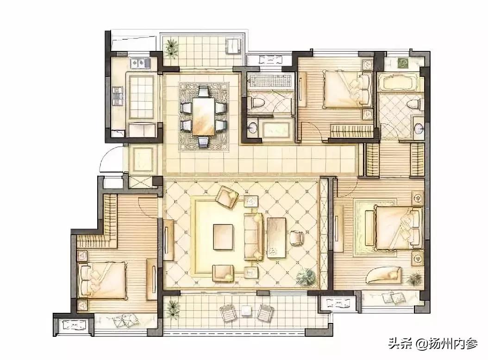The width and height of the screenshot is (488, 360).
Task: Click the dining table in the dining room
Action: tap(204, 116)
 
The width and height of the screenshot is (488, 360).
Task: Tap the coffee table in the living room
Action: tap(223, 237)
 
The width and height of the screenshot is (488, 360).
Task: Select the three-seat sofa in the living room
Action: tap(253, 236)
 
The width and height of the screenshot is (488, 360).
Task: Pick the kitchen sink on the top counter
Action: tap(140, 63)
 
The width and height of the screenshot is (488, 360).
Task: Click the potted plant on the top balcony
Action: tap(171, 48)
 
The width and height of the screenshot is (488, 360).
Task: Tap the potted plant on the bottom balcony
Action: tap(173, 309)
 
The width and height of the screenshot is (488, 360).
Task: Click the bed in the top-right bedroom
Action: tap(347, 88)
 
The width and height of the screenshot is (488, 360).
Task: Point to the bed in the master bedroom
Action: tap(399, 228)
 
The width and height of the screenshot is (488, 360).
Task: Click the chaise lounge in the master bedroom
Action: tap(384, 275)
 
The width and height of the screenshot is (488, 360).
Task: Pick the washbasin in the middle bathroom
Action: tap(253, 127)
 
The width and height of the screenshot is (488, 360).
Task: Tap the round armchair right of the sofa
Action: tap(296, 238)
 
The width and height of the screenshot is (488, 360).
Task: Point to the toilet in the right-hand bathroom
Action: tap(414, 103)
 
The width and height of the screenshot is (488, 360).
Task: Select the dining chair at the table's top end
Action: tap(204, 92)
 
